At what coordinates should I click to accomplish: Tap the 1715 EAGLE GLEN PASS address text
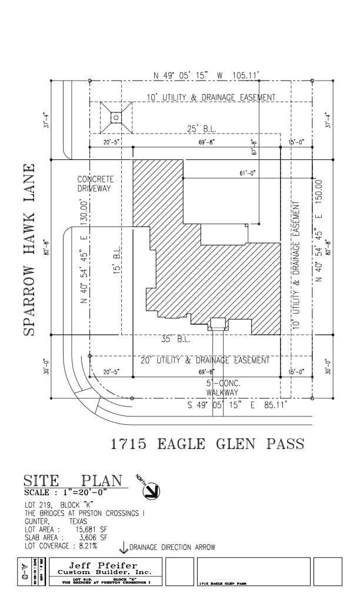pos(208,444)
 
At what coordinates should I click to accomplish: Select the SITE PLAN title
pos(74,481)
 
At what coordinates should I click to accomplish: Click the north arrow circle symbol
pos(152,489)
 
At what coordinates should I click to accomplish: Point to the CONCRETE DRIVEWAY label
pos(95,184)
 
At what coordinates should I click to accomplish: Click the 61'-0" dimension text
pos(248,173)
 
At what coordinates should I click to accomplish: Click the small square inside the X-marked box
pos(116,118)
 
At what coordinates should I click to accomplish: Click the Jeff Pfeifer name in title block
pos(104,565)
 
